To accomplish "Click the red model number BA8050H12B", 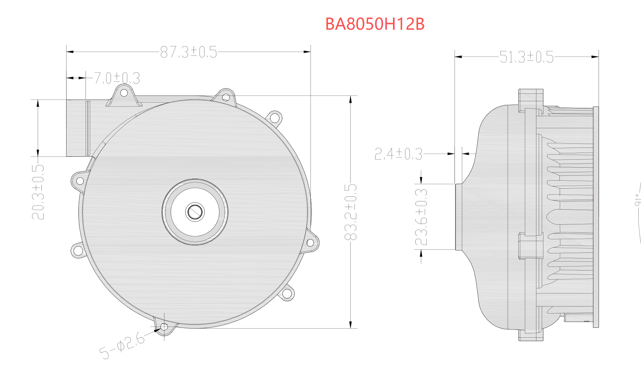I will point(375,24).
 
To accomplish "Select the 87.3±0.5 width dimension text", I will point(188,52).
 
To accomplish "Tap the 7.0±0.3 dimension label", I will point(117,78).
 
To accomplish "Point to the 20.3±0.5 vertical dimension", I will point(38,192).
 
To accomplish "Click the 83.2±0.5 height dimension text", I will point(351,212).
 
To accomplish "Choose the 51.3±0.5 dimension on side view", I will point(526,57).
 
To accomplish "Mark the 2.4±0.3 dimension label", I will point(398,154).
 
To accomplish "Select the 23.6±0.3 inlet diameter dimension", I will point(421,217).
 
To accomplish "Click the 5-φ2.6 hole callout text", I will point(122,345).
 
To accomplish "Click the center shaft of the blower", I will point(195,212).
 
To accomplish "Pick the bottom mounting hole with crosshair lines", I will point(164,326).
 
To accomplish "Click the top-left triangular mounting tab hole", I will point(124,92).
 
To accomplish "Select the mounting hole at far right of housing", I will point(310,243).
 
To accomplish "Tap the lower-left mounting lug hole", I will point(78,250).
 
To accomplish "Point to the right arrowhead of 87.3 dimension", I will point(307,52).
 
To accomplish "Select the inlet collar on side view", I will point(459,217).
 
